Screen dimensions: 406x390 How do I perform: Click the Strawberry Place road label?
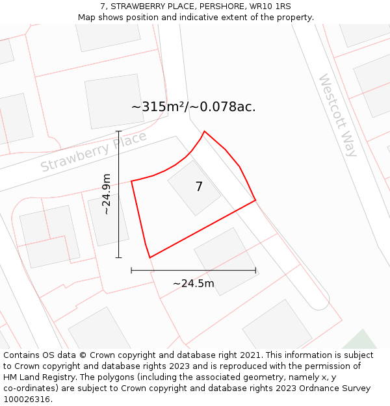94,152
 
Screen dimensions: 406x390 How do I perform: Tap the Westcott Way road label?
338,115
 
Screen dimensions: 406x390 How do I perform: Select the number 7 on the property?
199,187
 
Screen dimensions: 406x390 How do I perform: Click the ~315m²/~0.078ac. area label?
194,107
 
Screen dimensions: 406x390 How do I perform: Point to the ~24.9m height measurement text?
107,194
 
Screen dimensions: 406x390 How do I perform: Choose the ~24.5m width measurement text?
193,283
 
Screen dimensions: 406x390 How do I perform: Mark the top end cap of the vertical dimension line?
118,131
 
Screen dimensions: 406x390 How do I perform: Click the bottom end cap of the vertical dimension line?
118,257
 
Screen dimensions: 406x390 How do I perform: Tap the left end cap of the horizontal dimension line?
131,270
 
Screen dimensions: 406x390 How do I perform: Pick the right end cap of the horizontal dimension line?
255,270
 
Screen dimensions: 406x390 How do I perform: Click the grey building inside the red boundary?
194,188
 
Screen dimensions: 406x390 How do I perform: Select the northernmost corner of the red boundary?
205,131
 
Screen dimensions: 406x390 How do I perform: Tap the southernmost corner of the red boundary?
150,258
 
